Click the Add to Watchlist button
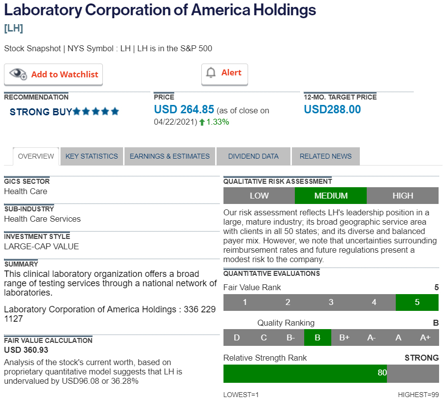(54, 74)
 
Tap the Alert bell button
(224, 73)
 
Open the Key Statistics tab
(92, 156)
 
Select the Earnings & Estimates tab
(170, 156)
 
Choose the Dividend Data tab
(253, 156)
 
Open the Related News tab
(325, 156)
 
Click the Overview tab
(36, 156)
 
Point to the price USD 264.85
(184, 109)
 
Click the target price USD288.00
(332, 109)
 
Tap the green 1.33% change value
(218, 122)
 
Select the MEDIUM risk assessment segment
(331, 196)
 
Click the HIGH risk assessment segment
(403, 196)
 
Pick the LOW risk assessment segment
(259, 196)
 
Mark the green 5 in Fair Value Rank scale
(417, 302)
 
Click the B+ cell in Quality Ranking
(344, 337)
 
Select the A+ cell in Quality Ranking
(425, 337)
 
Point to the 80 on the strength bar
(382, 373)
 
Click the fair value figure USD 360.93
(26, 350)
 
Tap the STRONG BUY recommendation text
(41, 112)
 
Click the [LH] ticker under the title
(13, 28)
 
